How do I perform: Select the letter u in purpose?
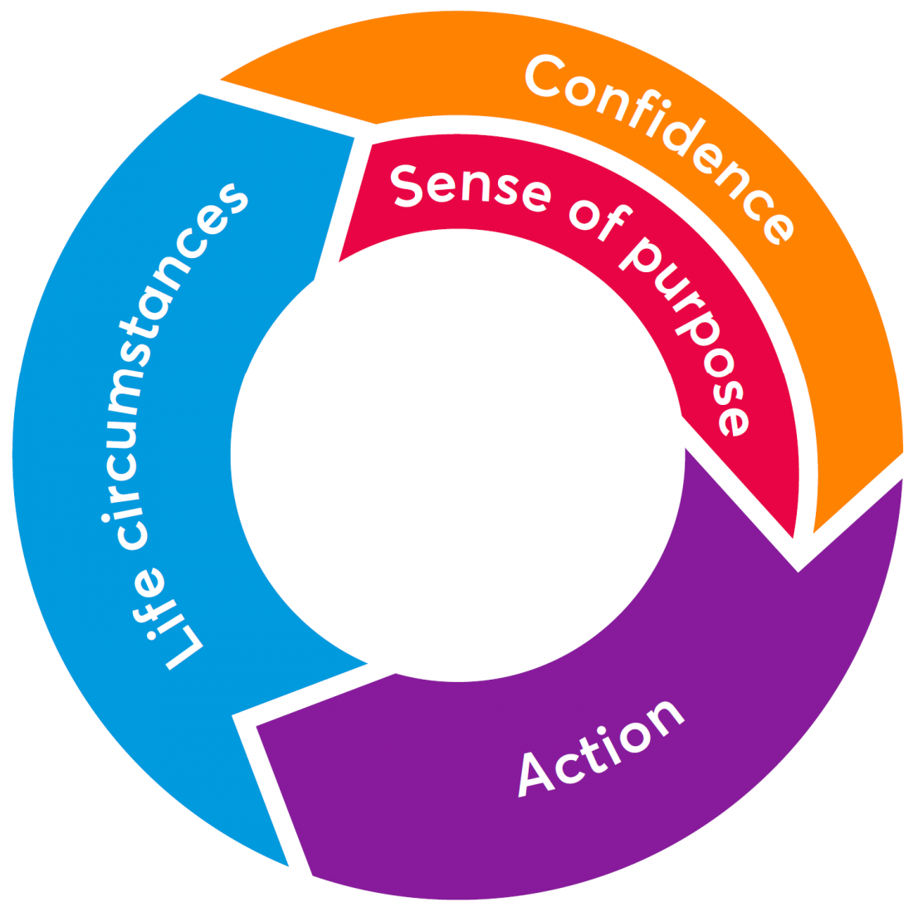coord(664,281)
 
